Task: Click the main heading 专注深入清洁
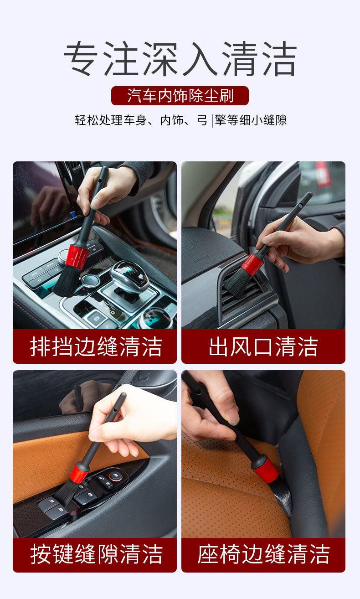180,58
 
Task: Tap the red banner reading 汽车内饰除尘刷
180,95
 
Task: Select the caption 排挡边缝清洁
96,346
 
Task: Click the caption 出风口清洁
263,346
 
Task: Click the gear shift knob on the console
129,275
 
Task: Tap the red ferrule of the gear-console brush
77,257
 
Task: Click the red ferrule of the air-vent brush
252,264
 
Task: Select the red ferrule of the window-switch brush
79,474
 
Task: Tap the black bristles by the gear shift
66,281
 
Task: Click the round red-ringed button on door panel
115,475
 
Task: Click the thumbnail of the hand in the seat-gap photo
211,407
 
